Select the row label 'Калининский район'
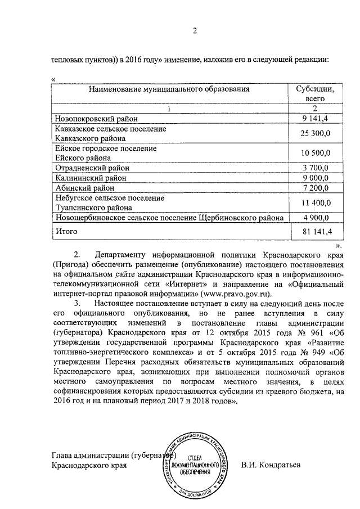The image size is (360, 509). tap(90, 178)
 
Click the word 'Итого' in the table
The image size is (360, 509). tap(66, 231)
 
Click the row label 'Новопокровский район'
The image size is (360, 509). tap(96, 118)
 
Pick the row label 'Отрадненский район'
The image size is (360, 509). tap(92, 168)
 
